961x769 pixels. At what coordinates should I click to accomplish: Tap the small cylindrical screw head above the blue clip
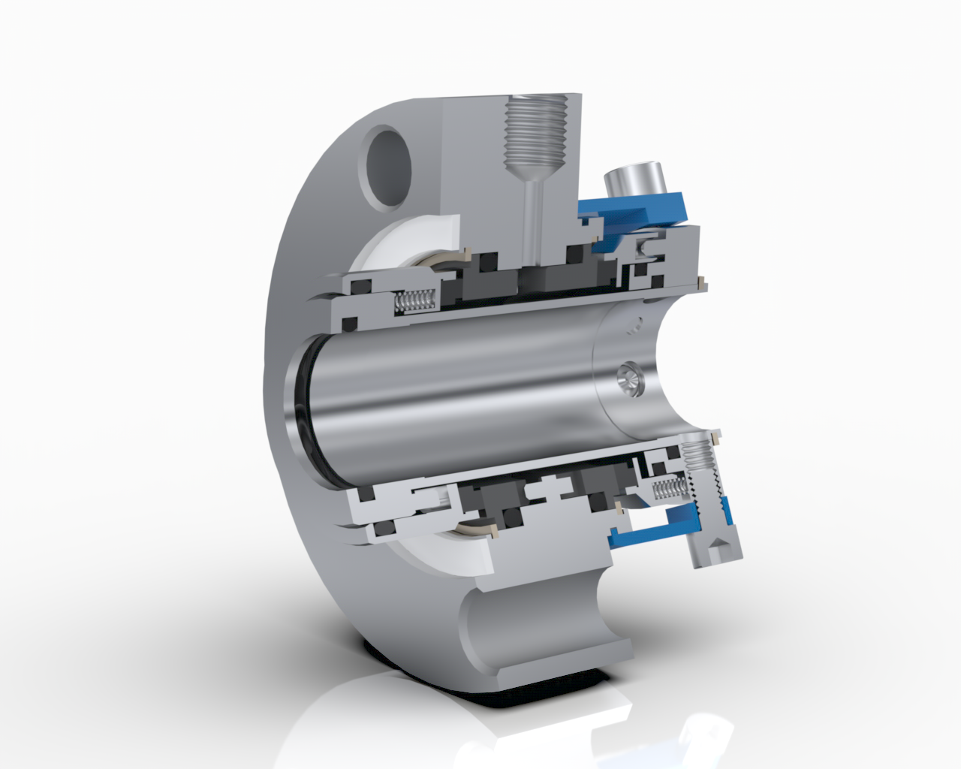coord(631,180)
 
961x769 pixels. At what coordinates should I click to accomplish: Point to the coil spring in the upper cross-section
coord(414,301)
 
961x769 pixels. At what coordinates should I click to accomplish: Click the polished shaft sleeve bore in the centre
coord(450,383)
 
